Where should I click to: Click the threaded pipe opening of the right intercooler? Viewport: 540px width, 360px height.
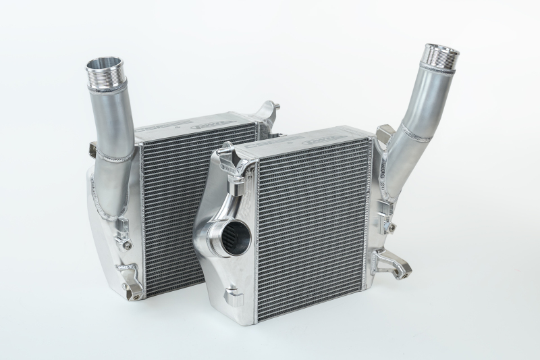(x=441, y=51)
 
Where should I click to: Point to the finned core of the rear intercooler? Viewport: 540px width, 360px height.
(x=179, y=203)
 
